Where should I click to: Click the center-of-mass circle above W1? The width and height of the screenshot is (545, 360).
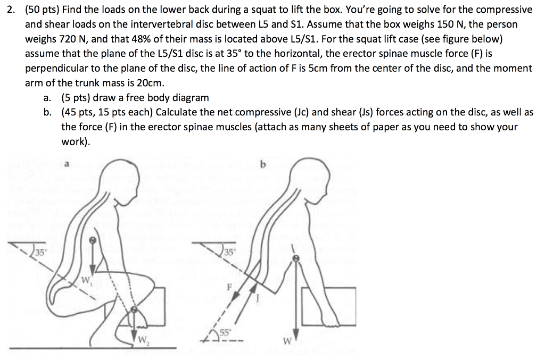(94, 240)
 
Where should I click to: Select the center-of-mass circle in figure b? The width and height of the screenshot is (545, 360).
(297, 258)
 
